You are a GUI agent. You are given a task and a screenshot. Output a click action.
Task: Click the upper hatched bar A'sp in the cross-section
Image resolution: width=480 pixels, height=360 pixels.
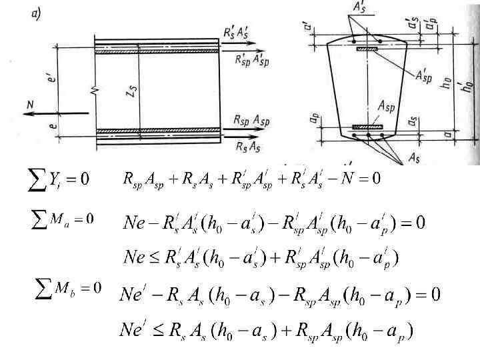tap(366, 49)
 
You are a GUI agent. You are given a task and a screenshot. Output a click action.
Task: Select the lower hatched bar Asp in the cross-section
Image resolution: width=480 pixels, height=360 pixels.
tap(367, 126)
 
